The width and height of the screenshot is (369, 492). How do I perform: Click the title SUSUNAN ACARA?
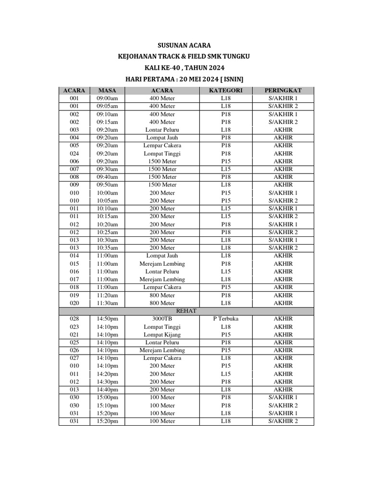[x=184, y=45]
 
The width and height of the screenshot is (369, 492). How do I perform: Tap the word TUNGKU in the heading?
[x=236, y=57]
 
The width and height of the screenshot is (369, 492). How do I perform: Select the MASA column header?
[x=107, y=90]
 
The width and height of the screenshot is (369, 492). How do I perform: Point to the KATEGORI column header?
[x=226, y=90]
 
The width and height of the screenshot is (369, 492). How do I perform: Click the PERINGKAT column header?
[x=283, y=90]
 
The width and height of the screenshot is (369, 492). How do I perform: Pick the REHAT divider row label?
[x=186, y=311]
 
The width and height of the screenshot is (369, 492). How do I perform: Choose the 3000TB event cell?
[x=162, y=319]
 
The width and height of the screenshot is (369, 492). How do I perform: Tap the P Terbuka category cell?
[x=226, y=319]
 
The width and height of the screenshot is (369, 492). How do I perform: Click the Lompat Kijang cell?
[x=162, y=334]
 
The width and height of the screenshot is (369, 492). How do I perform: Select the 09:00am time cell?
[x=107, y=98]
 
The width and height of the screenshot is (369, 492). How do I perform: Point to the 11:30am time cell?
[x=107, y=303]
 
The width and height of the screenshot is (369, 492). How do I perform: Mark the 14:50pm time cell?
[x=107, y=319]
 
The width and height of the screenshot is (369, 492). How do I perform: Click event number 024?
[x=74, y=154]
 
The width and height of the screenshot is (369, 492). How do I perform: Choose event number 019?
[x=74, y=295]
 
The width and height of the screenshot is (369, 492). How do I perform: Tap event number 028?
[x=74, y=319]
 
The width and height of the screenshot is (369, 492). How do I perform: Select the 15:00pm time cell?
[x=107, y=397]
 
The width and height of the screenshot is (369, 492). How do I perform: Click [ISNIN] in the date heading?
[x=231, y=79]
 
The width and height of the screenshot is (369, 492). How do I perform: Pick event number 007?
[x=74, y=169]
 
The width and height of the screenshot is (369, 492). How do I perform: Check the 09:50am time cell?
[x=107, y=185]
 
